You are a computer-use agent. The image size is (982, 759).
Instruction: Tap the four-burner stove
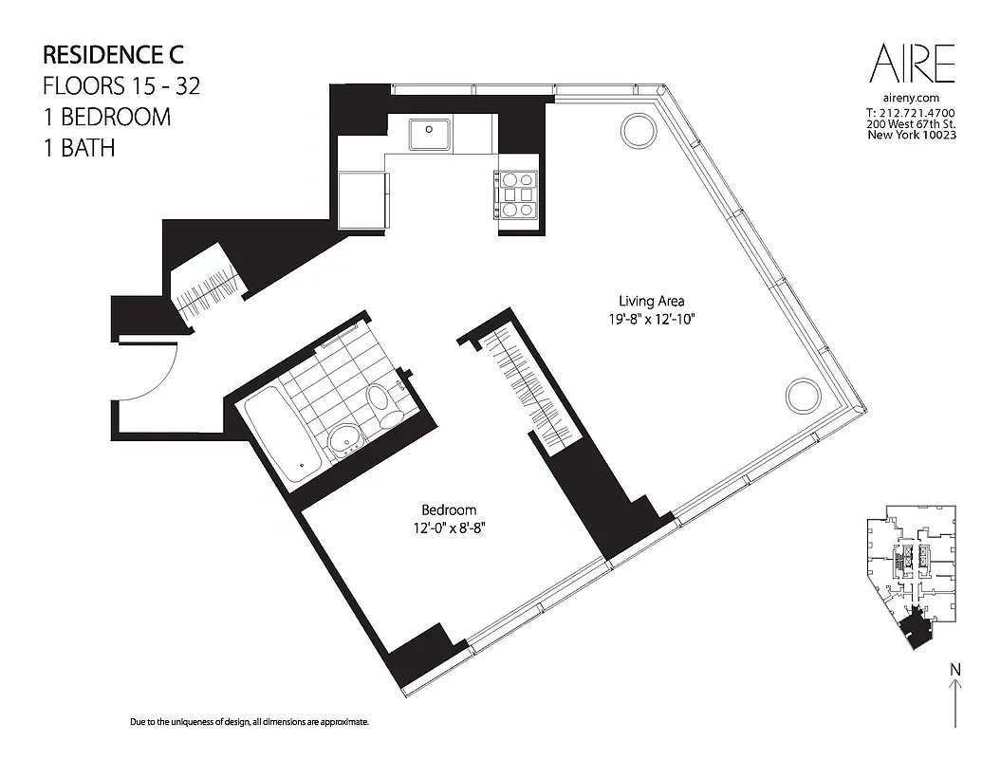coord(516,193)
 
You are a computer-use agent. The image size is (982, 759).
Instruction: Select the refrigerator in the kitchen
coord(361,199)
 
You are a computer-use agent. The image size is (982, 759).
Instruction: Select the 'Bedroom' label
coord(449,509)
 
